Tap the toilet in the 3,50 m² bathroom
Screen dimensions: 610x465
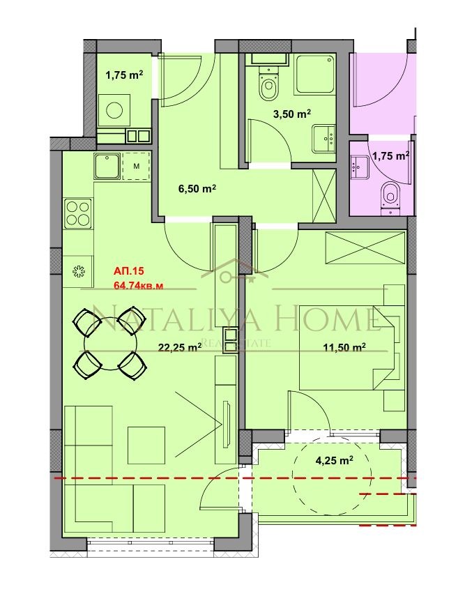(267, 88)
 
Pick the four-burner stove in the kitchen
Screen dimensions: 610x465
(78, 213)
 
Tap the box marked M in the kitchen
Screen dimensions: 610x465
(137, 166)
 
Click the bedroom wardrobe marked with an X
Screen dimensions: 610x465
(365, 248)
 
